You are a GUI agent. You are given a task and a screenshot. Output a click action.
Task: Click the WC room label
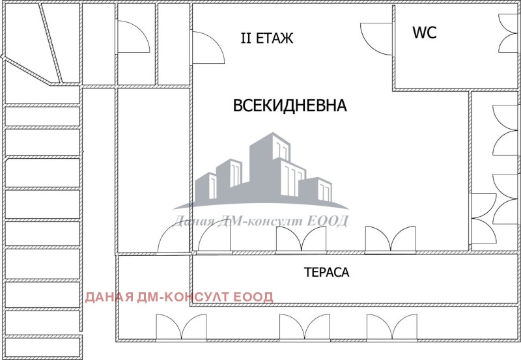tap(425, 32)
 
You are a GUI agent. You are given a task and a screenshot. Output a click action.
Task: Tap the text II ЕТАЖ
tap(267, 38)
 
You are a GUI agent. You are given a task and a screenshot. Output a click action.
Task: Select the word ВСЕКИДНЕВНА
tap(290, 105)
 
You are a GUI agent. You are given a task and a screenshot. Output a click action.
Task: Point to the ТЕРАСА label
tap(327, 272)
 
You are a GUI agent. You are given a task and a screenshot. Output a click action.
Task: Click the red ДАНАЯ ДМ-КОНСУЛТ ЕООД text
tap(179, 297)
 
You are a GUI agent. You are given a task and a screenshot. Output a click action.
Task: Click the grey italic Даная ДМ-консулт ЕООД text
tap(261, 221)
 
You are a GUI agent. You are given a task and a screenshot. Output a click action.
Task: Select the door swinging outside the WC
tap(376, 39)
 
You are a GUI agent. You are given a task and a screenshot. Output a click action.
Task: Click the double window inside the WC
tap(509, 33)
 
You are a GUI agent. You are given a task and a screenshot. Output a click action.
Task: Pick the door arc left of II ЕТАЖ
tap(208, 48)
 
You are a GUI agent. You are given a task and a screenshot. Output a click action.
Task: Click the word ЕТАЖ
tap(274, 38)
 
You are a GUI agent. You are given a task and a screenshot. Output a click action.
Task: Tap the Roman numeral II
tap(246, 38)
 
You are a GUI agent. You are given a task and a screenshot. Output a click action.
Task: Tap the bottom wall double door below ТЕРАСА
tap(305, 327)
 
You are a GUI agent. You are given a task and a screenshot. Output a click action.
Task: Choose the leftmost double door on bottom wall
tap(181, 327)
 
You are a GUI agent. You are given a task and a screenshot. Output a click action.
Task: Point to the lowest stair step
tap(43, 347)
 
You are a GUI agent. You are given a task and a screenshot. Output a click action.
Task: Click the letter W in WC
tap(418, 32)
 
